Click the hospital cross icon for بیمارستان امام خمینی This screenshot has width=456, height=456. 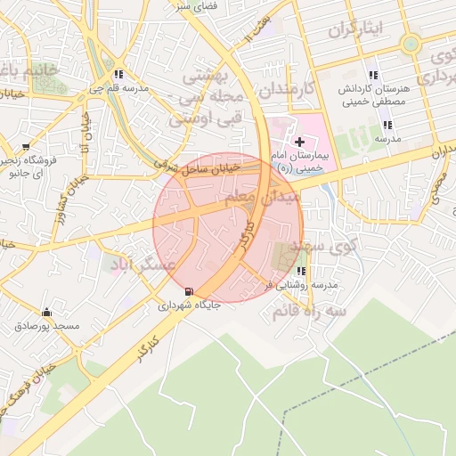click(x=299, y=141)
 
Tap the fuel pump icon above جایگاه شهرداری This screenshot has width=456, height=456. click(x=187, y=291)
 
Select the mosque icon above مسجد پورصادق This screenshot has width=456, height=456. click(x=46, y=313)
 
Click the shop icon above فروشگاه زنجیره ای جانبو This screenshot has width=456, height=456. click(x=27, y=146)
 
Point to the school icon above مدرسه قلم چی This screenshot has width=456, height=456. click(x=118, y=74)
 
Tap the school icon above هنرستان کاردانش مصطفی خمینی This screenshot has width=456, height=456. click(x=372, y=75)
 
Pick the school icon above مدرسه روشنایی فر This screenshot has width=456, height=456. click(x=301, y=271)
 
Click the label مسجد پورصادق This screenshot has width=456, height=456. click(x=47, y=327)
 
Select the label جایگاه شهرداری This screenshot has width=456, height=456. click(x=189, y=305)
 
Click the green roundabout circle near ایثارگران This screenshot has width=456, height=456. click(x=411, y=44)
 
